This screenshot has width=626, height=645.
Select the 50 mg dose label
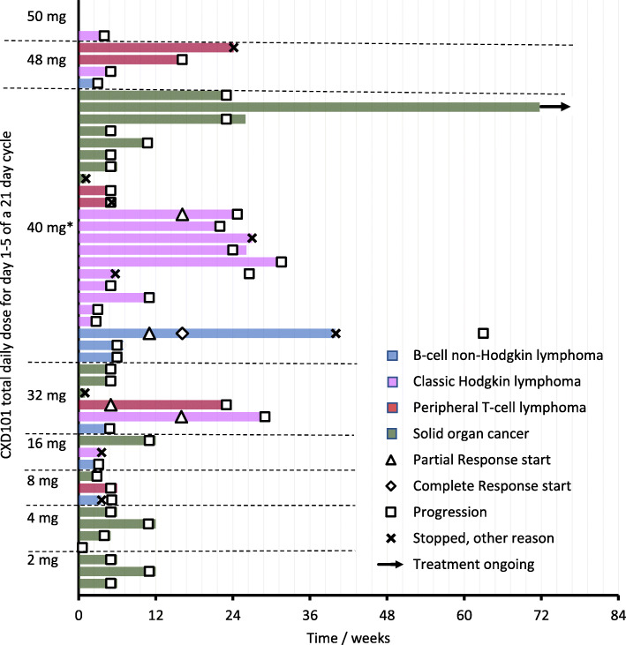[x=45, y=16]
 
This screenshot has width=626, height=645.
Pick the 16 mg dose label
[x=45, y=445]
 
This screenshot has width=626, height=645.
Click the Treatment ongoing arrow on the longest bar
[x=556, y=107]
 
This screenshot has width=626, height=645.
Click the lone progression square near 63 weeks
[x=483, y=334]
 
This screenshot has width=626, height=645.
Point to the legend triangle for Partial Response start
[x=395, y=460]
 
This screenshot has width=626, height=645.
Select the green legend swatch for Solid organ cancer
[x=395, y=434]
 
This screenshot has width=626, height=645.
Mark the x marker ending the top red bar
[x=233, y=48]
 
